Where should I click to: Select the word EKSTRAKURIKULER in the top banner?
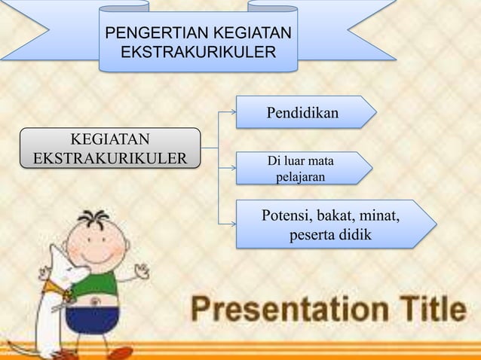pyautogui.click(x=198, y=53)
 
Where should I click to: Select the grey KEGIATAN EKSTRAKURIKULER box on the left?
pyautogui.click(x=110, y=148)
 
